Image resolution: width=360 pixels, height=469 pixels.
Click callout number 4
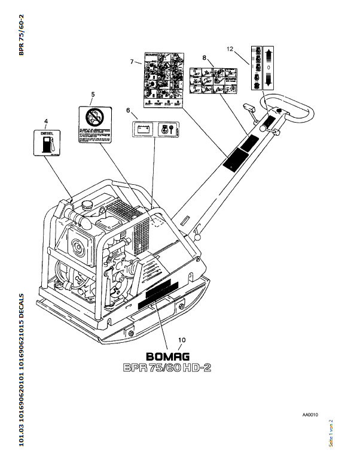45,121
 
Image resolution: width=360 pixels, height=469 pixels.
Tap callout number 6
127,111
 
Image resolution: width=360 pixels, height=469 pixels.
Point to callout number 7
132,62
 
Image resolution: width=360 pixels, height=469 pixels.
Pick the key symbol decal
164,129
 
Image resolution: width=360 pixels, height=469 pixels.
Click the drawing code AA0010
310,413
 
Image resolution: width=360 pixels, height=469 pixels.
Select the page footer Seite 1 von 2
331,433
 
